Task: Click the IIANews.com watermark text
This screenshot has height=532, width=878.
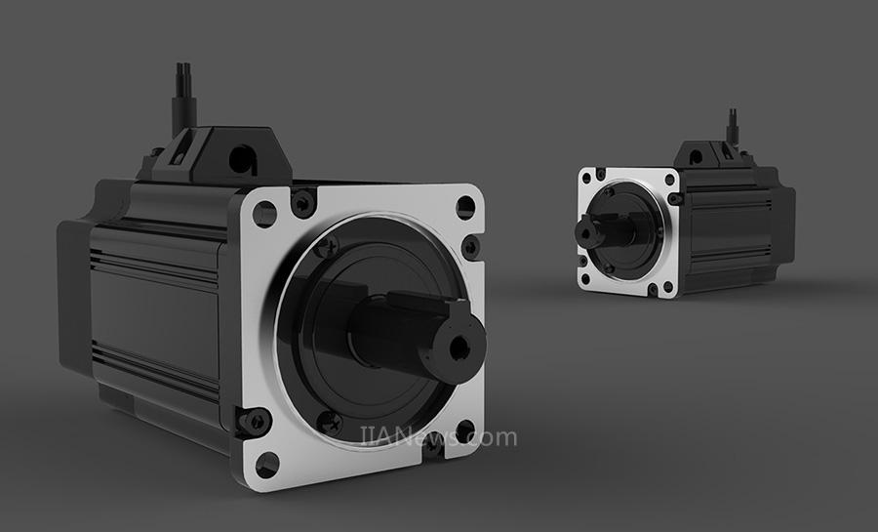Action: pos(438,436)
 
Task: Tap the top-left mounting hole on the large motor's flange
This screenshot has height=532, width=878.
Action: pos(264,214)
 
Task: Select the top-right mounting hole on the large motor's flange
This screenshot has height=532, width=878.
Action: pos(465,207)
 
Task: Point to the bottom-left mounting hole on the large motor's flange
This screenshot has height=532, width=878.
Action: pos(266,465)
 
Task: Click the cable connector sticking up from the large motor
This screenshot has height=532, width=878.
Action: pos(184,98)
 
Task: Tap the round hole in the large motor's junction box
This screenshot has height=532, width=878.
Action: pos(243,159)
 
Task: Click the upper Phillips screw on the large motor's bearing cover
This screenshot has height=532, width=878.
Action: pos(327,245)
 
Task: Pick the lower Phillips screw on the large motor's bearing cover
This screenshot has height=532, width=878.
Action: pos(331,424)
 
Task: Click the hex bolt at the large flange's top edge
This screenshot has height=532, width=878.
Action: pos(303,202)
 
